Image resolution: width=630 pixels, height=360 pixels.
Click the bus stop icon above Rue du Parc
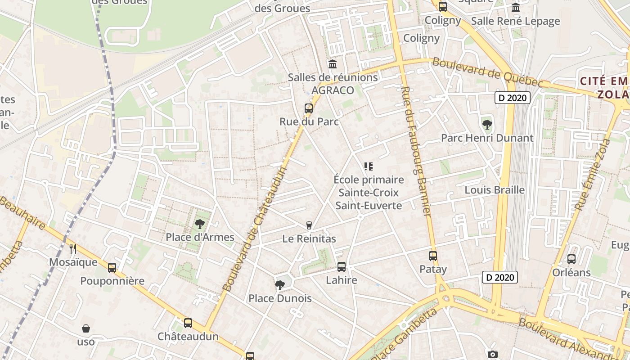coord(308,108)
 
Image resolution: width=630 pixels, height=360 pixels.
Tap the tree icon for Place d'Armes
coord(199,224)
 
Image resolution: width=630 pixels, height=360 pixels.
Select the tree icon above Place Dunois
coord(279,285)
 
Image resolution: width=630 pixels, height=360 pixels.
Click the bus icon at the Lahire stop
coord(342,266)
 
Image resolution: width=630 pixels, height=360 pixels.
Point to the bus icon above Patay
coord(433,256)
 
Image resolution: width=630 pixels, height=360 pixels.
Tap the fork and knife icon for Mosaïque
coord(72,248)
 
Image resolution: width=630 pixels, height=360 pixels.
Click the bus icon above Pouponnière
coord(112,267)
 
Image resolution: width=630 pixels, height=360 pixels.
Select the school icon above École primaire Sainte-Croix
coord(369,166)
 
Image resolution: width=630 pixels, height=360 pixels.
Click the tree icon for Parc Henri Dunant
coord(487,124)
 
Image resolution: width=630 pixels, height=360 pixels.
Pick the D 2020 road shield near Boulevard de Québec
coord(513,98)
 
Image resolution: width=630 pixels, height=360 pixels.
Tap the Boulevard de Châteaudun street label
coord(255,229)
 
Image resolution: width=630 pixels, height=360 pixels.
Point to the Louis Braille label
coord(495,190)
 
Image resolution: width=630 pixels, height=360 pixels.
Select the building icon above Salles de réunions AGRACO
coord(333,64)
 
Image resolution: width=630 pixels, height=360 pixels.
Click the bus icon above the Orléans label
coord(571,259)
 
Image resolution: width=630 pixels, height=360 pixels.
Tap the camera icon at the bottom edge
coord(493,355)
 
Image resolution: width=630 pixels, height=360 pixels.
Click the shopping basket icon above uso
coord(85,328)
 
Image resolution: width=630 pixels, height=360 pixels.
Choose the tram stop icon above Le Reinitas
coord(309,225)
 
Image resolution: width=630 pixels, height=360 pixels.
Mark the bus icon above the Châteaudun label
coord(188,323)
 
